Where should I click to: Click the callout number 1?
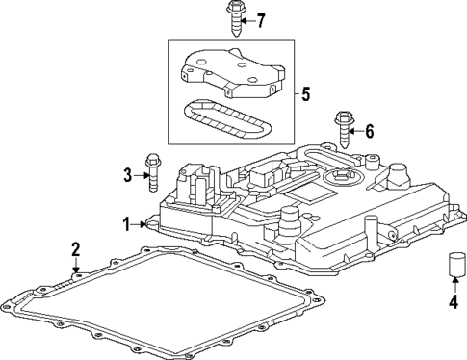point(126,224)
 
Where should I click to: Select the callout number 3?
point(126,174)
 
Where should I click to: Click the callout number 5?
point(307,95)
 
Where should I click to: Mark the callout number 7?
point(259,20)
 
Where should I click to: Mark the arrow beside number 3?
point(138,174)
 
